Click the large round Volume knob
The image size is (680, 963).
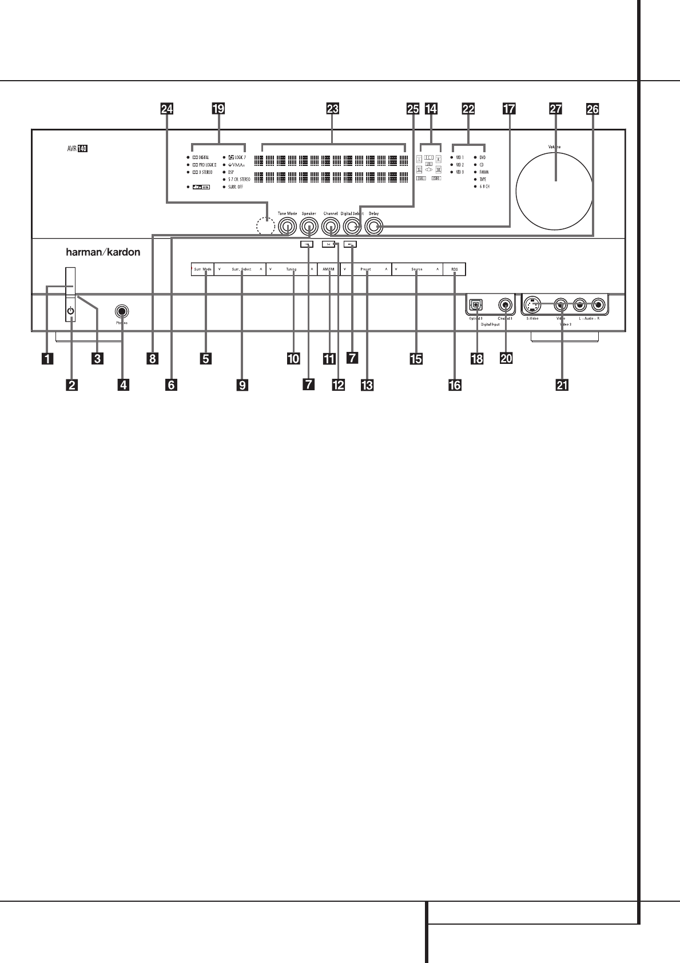(554, 181)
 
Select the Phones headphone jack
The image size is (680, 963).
(121, 312)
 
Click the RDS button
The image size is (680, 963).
(455, 269)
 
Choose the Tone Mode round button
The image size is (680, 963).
(287, 228)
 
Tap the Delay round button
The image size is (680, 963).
(373, 228)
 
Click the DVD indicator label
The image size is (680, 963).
(483, 157)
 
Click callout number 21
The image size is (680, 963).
(562, 386)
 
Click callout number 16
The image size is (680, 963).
(455, 385)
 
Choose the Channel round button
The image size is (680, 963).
(331, 228)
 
